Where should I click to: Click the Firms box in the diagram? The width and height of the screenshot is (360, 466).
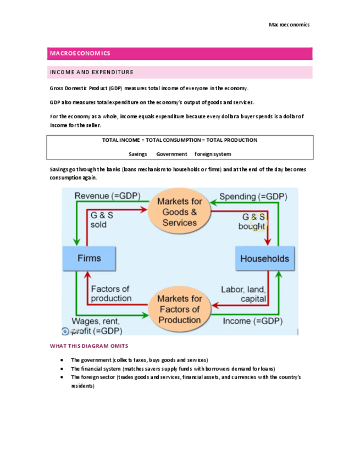pyautogui.click(x=89, y=258)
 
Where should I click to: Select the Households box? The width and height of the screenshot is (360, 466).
pyautogui.click(x=264, y=258)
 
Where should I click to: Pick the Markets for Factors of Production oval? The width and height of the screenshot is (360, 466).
pyautogui.click(x=180, y=309)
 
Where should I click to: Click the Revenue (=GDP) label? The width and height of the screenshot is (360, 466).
pyautogui.click(x=108, y=196)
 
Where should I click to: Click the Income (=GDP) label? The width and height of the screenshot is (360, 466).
pyautogui.click(x=252, y=321)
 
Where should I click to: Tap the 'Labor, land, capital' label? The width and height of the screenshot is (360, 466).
pyautogui.click(x=243, y=294)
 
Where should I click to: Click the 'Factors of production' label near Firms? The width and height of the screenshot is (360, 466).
pyautogui.click(x=110, y=294)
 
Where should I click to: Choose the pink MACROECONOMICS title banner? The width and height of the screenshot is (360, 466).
pyautogui.click(x=180, y=53)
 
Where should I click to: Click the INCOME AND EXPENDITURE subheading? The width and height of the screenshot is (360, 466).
pyautogui.click(x=92, y=72)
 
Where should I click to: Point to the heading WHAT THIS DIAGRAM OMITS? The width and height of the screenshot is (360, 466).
pyautogui.click(x=89, y=346)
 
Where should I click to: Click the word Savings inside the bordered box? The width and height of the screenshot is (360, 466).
pyautogui.click(x=138, y=154)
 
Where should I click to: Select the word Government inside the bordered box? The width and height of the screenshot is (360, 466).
pyautogui.click(x=171, y=154)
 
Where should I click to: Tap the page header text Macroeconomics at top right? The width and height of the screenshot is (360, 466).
pyautogui.click(x=289, y=24)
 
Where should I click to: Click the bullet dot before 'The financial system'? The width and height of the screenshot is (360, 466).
pyautogui.click(x=62, y=368)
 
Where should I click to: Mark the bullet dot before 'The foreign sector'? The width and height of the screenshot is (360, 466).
pyautogui.click(x=62, y=378)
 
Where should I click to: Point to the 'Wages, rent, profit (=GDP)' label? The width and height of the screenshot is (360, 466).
pyautogui.click(x=96, y=326)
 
